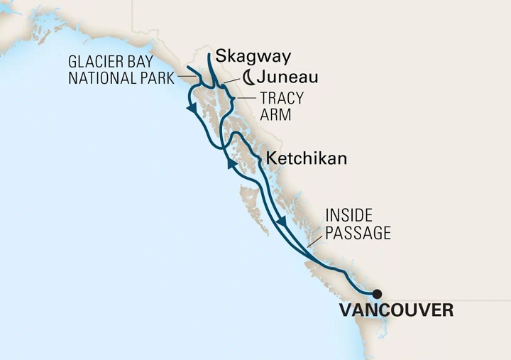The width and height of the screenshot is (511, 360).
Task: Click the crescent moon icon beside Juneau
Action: click(x=248, y=77)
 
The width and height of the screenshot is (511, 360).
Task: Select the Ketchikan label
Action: click(x=305, y=158)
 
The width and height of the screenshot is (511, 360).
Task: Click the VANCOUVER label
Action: click(x=397, y=310)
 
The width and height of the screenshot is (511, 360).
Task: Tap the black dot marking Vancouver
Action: click(x=377, y=293)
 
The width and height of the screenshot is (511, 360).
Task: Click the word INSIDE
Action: click(x=348, y=216)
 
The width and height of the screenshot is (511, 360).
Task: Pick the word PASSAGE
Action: click(x=358, y=232)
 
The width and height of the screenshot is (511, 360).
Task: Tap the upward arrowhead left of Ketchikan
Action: click(x=231, y=164)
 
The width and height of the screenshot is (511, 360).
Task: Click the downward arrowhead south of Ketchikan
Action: click(x=282, y=222)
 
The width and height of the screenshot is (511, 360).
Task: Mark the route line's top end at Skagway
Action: click(x=209, y=54)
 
